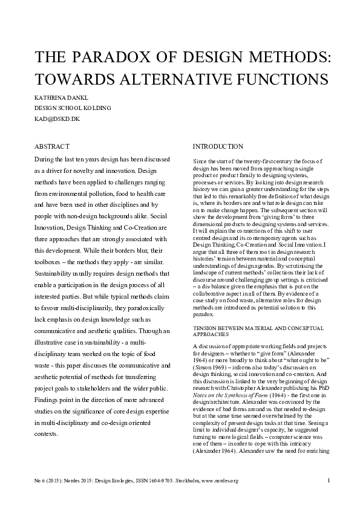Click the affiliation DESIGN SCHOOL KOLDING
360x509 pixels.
pos(73,108)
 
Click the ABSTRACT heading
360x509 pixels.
pos(52,147)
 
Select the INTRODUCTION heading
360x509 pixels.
pos(218,147)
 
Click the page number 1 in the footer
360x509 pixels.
pos(327,481)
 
